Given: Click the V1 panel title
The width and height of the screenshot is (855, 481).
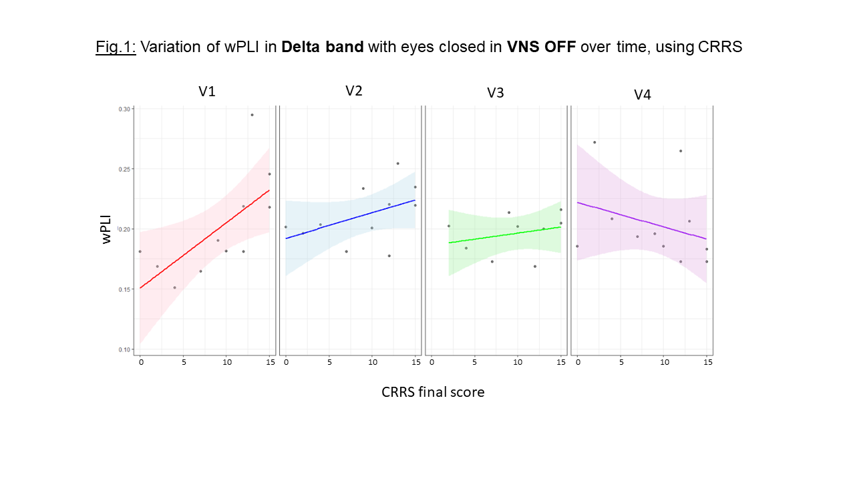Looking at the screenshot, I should [207, 92].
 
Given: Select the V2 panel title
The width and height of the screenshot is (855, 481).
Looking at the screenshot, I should [353, 91].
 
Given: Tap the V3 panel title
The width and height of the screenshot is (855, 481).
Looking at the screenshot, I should [495, 93].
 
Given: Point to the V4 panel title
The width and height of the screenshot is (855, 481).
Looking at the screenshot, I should [642, 95].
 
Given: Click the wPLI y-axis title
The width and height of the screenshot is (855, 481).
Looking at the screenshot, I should [108, 229].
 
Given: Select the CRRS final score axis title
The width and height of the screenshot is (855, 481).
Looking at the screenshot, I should [433, 392].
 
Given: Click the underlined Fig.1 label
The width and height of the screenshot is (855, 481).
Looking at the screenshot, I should [116, 47].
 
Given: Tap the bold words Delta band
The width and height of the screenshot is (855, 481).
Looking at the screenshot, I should [323, 47].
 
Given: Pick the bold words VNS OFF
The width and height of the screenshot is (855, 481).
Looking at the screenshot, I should [541, 47].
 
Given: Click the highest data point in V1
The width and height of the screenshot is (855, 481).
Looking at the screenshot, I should [252, 115].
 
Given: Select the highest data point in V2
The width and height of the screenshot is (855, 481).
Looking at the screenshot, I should [397, 163].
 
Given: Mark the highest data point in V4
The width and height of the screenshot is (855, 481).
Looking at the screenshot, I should [594, 142].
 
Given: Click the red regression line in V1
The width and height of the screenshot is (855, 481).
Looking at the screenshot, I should [204, 239].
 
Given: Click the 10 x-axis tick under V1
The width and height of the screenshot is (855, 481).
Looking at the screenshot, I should [226, 362].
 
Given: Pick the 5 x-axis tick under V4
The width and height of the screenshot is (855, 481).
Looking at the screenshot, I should [621, 362].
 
